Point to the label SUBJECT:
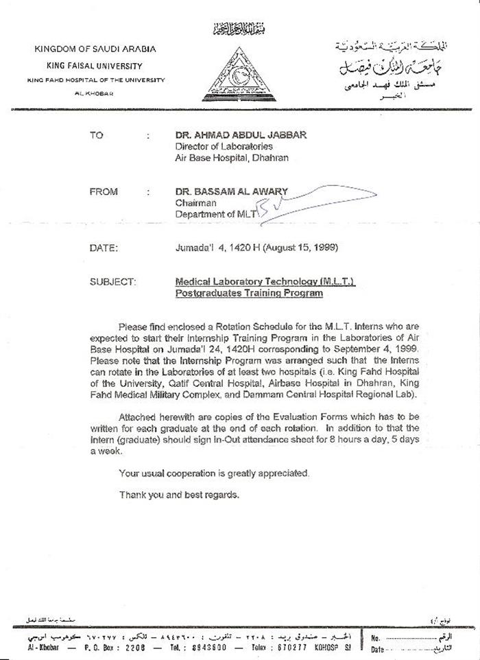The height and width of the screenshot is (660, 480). [113, 282]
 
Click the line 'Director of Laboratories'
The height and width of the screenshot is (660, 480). [224, 147]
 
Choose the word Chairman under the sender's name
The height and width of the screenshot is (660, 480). [196, 203]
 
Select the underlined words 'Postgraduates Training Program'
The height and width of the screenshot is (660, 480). [239, 294]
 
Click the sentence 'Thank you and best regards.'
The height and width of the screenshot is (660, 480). [179, 494]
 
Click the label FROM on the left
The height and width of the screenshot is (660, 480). [104, 192]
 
